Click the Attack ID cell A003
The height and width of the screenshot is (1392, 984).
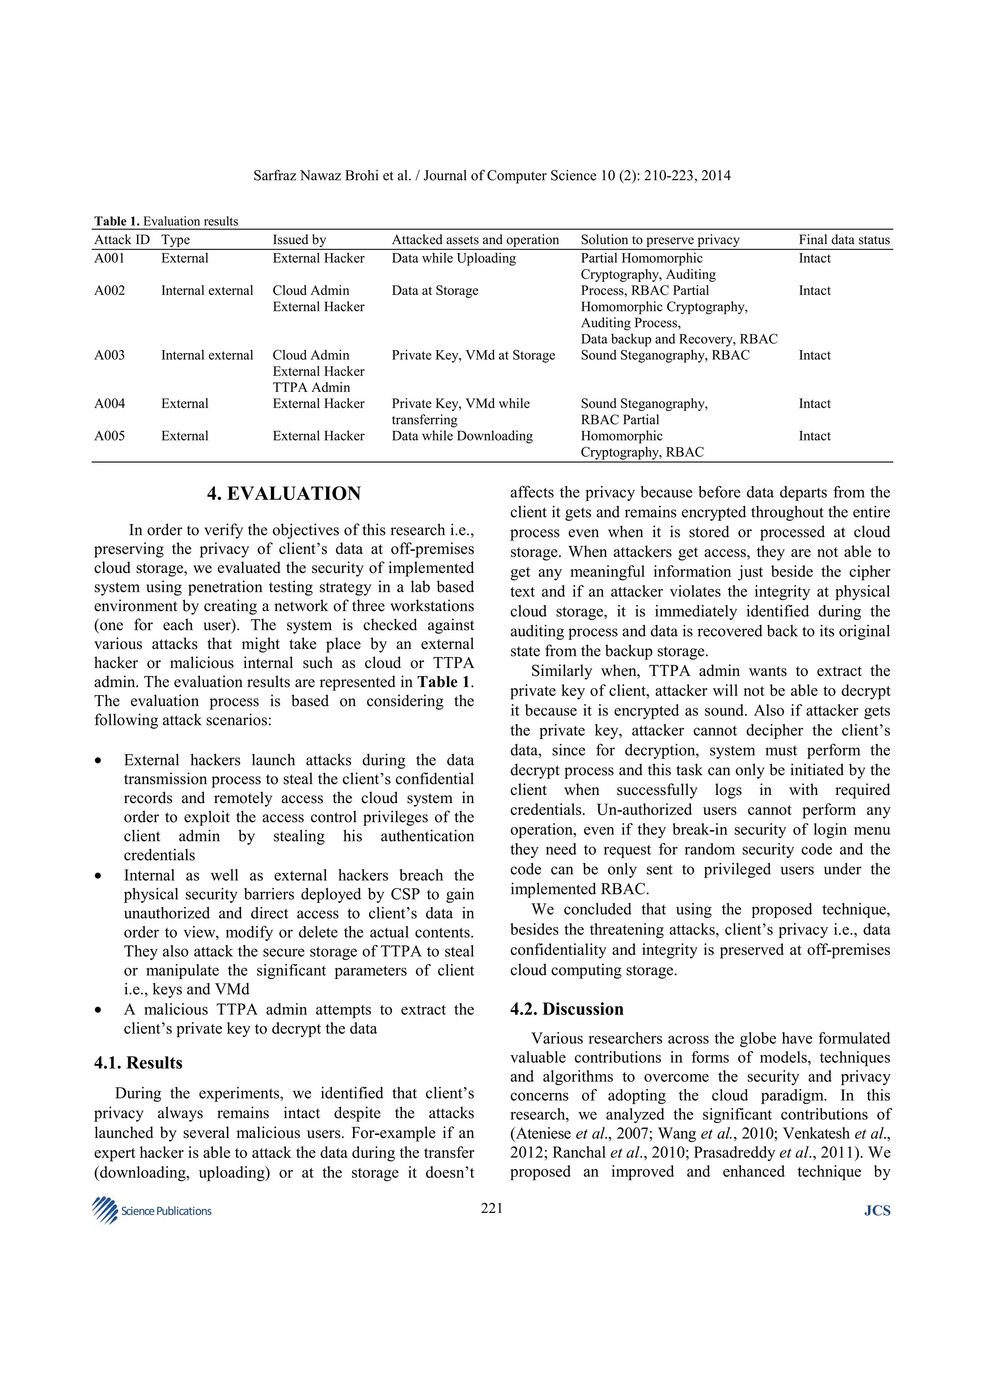coord(109,355)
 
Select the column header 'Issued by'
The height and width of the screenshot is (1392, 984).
coord(299,240)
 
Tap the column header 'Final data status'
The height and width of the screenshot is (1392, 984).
coord(844,240)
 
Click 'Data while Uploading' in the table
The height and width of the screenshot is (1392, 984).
coord(454,258)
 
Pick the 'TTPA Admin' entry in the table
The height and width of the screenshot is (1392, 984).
coord(311,388)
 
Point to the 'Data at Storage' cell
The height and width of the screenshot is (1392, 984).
coord(435,291)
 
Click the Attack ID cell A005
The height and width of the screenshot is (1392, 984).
coord(109,436)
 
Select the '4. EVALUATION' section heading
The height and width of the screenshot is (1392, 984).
coord(284,493)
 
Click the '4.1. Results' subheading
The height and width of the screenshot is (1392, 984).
coord(138,1063)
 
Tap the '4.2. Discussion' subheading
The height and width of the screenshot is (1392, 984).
coord(566,1009)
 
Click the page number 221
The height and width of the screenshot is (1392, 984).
coord(492,1209)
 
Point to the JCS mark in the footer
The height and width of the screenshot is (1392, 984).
coord(877,1211)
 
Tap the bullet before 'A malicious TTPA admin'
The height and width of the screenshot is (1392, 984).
coord(98,1010)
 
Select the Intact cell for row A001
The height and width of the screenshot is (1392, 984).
coord(814,258)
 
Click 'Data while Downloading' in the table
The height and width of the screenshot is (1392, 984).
coord(462,436)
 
